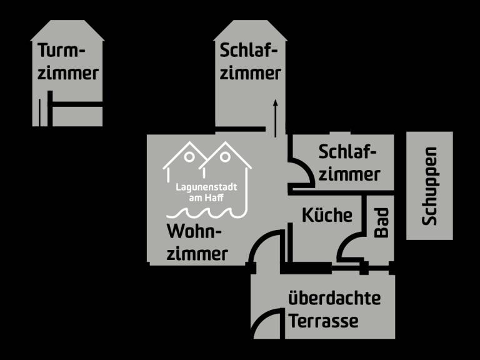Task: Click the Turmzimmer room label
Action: (68, 62)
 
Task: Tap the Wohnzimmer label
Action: (197, 242)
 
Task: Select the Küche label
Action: (327, 216)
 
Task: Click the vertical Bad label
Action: (381, 222)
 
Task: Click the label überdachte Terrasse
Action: (334, 310)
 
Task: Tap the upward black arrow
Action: (274, 116)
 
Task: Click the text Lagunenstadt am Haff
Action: (206, 192)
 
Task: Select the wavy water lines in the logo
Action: (206, 212)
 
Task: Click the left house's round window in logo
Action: (189, 156)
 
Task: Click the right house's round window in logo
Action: (223, 156)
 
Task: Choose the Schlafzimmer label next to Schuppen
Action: (349, 162)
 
